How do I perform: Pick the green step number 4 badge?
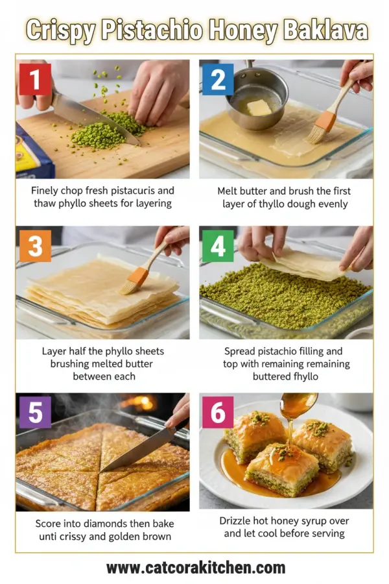218,246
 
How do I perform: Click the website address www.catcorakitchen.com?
195,568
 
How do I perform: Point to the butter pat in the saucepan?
259,107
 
